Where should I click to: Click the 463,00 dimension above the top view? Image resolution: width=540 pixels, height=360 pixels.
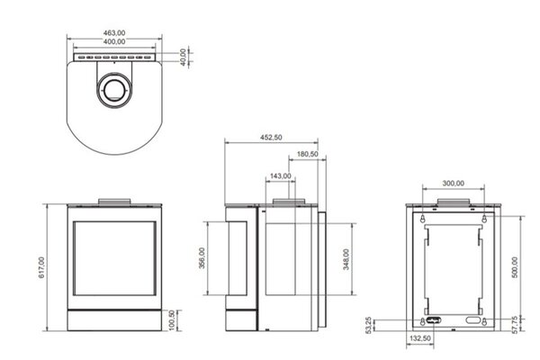point(113,31)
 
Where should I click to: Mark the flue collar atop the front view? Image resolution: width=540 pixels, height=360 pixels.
point(113,200)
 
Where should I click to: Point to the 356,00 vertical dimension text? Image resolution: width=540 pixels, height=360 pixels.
point(202,259)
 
